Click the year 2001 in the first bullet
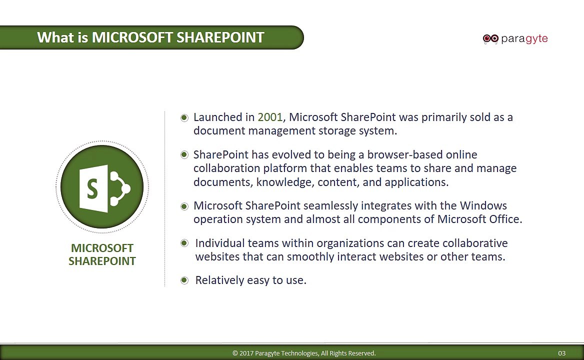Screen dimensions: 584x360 270,117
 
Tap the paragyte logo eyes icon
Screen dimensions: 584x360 490,38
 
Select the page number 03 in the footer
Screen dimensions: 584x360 561,353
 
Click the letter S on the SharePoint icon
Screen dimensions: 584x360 92,188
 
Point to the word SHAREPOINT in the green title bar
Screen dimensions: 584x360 220,37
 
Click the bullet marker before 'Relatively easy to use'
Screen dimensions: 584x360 184,280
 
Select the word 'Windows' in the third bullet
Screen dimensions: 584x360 483,205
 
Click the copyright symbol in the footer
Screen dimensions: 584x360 235,353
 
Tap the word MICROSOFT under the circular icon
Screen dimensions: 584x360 102,248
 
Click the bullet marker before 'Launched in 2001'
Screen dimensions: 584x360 184,118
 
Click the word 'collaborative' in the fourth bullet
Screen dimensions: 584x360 475,243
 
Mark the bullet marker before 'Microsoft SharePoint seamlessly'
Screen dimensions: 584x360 184,206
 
